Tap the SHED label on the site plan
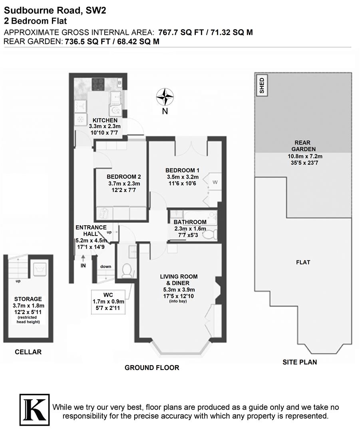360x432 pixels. [x=262, y=86]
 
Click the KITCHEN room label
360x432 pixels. [x=105, y=120]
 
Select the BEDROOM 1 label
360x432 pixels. [x=183, y=170]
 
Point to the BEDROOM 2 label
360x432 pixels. [x=124, y=177]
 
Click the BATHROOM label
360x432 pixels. [x=190, y=222]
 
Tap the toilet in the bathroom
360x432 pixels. [x=209, y=234]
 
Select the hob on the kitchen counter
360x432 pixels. [x=98, y=84]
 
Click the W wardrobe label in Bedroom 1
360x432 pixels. [x=215, y=182]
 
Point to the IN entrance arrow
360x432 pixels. [x=83, y=260]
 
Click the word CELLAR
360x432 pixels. [x=28, y=352]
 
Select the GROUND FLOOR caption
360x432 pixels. [x=152, y=368]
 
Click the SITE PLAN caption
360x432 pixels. [x=300, y=362]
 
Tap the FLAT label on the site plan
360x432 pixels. [x=303, y=262]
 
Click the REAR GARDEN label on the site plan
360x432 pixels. [x=302, y=146]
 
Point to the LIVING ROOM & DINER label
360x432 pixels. [x=179, y=280]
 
